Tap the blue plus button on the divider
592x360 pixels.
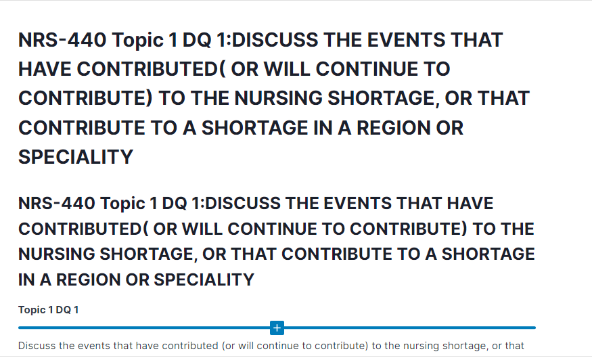point(277,328)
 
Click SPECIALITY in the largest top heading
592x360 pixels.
point(76,157)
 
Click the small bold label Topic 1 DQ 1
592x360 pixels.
point(49,310)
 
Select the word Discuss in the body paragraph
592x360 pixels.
point(37,346)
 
